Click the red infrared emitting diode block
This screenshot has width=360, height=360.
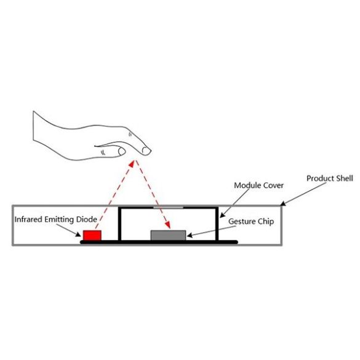coord(92,235)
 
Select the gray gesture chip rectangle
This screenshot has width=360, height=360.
coord(168,235)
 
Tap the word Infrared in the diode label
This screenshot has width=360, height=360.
coord(28,219)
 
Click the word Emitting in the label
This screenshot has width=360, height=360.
coord(59,220)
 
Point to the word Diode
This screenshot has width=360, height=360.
coord(86,219)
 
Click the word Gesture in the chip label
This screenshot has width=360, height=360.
coord(242,222)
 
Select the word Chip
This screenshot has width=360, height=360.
coord(266,222)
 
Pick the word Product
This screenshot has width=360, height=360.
coord(321,178)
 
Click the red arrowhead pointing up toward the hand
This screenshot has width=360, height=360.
coord(132,164)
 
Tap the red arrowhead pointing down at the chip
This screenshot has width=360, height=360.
coord(168,225)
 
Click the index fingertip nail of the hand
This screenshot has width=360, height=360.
coord(146,151)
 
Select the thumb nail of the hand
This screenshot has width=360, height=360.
coord(122,151)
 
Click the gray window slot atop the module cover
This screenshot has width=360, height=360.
coord(168,207)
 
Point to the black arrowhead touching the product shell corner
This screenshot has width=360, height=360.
coord(283,203)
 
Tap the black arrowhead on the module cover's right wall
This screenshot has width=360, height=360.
coord(222,215)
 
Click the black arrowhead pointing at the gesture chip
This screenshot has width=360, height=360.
coord(190,235)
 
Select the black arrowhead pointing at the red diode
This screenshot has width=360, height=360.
coord(79,234)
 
